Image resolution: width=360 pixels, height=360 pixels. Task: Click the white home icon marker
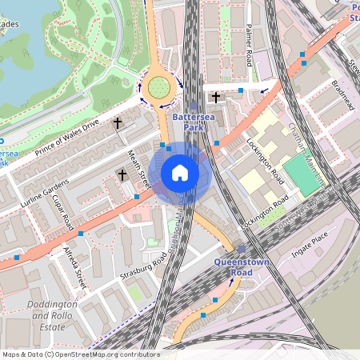pyautogui.click(x=180, y=172)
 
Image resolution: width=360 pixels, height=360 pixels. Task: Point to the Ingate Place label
pyautogui.click(x=310, y=240)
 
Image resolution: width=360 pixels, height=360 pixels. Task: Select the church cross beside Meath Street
pyautogui.click(x=122, y=174)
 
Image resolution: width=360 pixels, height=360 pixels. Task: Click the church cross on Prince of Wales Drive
pyautogui.click(x=118, y=123)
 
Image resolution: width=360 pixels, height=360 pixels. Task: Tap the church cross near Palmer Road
pyautogui.click(x=215, y=97)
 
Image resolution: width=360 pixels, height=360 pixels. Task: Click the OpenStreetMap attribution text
pyautogui.click(x=80, y=354)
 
